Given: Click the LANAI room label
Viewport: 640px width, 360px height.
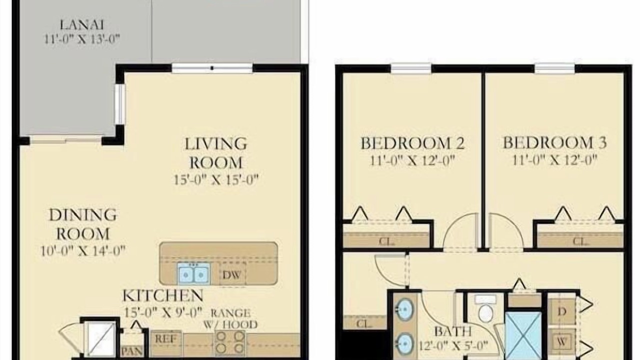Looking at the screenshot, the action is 81,25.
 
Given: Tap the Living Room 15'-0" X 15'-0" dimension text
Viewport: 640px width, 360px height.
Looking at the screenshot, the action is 216,180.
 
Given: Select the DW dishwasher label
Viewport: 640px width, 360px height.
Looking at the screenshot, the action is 231,275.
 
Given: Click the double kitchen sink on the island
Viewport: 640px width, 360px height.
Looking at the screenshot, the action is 193,274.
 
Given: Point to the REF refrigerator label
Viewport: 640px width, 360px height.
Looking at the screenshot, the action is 165,339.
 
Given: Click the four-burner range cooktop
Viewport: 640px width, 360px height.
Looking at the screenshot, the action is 230,343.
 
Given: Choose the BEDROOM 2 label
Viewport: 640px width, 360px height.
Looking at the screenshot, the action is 412,143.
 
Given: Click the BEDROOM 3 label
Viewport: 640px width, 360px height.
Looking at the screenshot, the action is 554,142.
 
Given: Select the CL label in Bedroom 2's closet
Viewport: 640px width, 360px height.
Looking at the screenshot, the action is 387,241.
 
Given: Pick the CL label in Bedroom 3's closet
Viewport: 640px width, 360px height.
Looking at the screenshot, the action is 581,241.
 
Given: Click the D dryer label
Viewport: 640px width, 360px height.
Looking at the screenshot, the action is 561,311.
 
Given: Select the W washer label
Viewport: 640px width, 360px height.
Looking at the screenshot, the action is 561,341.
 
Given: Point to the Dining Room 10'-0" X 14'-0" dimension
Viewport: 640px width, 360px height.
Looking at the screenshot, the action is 83,251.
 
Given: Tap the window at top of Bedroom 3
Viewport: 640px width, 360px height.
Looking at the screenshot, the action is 554,68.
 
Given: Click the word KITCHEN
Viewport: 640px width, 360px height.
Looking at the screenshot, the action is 163,295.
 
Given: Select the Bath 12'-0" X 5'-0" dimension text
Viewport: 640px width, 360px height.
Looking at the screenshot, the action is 453,346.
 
